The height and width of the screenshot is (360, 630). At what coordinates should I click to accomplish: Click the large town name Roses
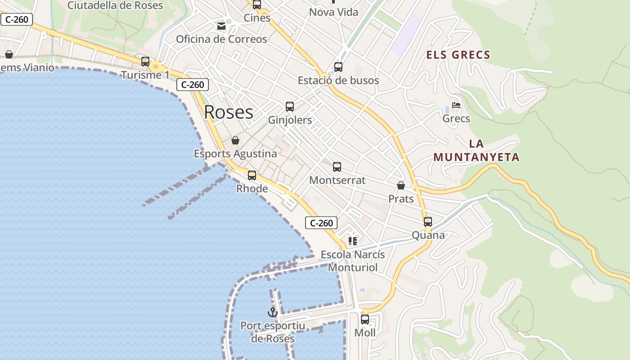(x=229, y=112)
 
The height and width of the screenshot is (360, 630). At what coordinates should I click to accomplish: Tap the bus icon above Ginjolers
(x=290, y=107)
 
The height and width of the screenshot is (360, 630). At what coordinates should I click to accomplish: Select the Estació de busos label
(x=338, y=81)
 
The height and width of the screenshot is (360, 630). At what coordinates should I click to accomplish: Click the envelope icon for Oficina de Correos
(x=221, y=26)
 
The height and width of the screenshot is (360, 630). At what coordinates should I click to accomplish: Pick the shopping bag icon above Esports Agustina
(x=235, y=140)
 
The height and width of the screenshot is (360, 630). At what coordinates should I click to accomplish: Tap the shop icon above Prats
(x=401, y=185)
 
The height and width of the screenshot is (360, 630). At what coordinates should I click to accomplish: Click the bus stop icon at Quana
(x=428, y=222)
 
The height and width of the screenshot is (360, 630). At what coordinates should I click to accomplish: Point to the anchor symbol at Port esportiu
(x=272, y=312)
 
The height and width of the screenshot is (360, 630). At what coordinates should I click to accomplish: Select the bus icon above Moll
(x=365, y=319)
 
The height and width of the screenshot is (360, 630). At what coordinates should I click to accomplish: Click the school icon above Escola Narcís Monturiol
(x=353, y=241)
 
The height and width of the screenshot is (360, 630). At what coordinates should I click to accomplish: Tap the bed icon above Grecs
(x=456, y=106)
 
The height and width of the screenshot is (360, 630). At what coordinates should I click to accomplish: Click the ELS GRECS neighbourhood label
(x=458, y=55)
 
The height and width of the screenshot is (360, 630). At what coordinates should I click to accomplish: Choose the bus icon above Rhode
(x=252, y=175)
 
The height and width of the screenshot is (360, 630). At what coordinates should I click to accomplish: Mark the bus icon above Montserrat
(x=337, y=167)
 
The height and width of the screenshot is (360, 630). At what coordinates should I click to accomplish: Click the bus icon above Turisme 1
(x=145, y=62)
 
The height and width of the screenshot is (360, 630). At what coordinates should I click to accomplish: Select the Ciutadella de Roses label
(x=115, y=5)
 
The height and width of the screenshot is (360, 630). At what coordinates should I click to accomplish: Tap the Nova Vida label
(x=333, y=12)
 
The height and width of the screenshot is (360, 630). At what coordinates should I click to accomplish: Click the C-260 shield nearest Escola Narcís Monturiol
(x=321, y=223)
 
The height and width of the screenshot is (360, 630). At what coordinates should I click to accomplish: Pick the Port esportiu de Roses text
(x=273, y=332)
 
